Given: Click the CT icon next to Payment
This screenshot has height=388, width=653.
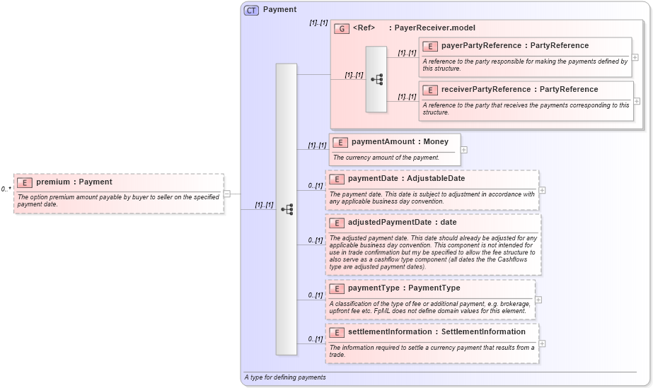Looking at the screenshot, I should point(251,10).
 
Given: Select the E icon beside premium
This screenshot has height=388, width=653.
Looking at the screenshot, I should point(25,182).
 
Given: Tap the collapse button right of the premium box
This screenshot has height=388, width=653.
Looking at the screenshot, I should point(227,193).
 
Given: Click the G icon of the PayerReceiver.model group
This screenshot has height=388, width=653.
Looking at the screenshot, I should point(342,28).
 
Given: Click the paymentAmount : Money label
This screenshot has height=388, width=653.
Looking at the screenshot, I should point(400,142).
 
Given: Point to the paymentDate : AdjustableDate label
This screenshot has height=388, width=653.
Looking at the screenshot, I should point(406,179).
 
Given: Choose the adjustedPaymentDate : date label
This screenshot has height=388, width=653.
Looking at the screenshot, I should point(402,223).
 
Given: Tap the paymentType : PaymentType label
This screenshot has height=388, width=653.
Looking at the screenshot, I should point(403,288).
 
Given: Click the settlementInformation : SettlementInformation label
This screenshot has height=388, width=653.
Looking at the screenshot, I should point(437,332).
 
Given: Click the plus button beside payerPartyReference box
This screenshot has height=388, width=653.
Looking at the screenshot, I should point(635,57).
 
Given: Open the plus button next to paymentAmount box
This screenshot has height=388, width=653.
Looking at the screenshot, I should point(463,149).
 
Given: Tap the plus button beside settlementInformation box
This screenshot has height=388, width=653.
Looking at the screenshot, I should point(542,343).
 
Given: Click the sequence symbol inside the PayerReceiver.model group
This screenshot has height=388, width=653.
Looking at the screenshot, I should point(376,79).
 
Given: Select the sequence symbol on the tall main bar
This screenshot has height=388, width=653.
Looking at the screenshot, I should point(287,209).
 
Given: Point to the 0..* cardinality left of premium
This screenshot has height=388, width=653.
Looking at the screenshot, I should point(6,189).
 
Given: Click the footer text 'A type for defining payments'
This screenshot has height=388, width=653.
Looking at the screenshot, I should point(285,377).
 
